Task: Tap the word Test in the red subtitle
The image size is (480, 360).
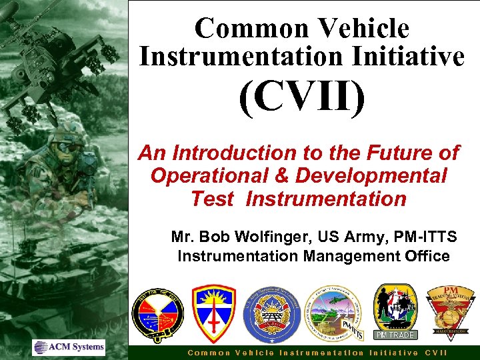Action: point(212,199)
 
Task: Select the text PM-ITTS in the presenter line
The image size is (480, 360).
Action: point(434,237)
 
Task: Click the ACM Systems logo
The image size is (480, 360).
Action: point(69,347)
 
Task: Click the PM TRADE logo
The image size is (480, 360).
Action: point(395,312)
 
